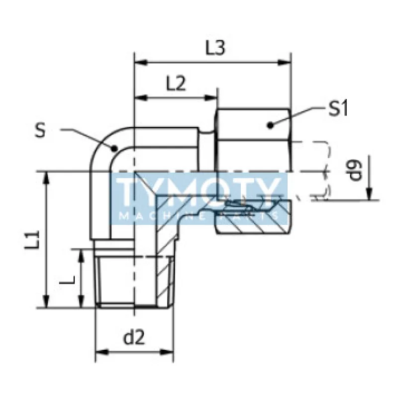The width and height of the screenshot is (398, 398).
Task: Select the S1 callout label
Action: [338, 108]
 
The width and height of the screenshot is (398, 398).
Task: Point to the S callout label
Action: [40, 131]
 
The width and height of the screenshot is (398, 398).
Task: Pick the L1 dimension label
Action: [32, 240]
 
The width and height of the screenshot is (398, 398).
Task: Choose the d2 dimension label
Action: [134, 337]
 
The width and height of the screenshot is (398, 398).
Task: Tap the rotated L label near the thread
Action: [67, 280]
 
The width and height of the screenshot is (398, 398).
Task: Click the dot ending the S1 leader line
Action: [271, 125]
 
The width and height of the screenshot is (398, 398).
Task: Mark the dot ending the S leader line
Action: [114, 148]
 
